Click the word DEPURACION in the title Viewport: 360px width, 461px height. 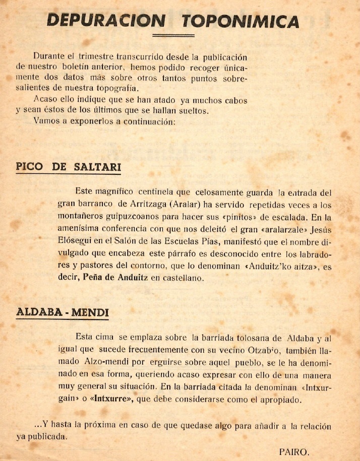(x=106, y=20)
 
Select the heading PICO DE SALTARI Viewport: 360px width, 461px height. (x=69, y=167)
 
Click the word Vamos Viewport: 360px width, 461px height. (x=45, y=121)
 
